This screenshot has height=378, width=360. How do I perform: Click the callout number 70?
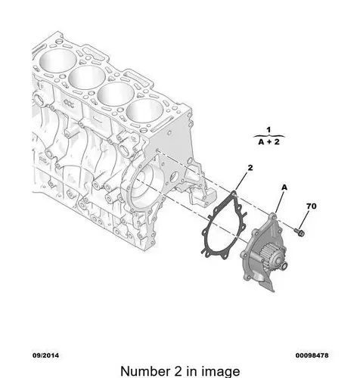click(312, 206)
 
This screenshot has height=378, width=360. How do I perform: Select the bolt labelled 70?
click(299, 232)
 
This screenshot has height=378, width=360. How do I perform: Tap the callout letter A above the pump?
click(284, 187)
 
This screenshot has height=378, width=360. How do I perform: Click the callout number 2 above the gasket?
click(250, 168)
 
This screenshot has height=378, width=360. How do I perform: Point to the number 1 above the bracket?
click(268, 130)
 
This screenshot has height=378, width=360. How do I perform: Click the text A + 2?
click(269, 142)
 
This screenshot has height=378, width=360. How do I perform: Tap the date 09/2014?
click(45, 355)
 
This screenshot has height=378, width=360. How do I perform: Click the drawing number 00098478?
click(312, 355)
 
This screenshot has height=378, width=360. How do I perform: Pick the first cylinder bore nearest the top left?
click(57, 61)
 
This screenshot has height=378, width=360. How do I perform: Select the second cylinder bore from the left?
click(87, 77)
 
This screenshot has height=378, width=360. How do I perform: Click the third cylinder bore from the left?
click(116, 94)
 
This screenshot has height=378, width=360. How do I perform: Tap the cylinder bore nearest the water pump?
click(145, 110)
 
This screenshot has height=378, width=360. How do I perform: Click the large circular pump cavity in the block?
click(144, 186)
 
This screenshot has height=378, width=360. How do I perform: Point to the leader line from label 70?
click(305, 219)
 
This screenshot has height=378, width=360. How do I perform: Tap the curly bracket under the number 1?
click(268, 136)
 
